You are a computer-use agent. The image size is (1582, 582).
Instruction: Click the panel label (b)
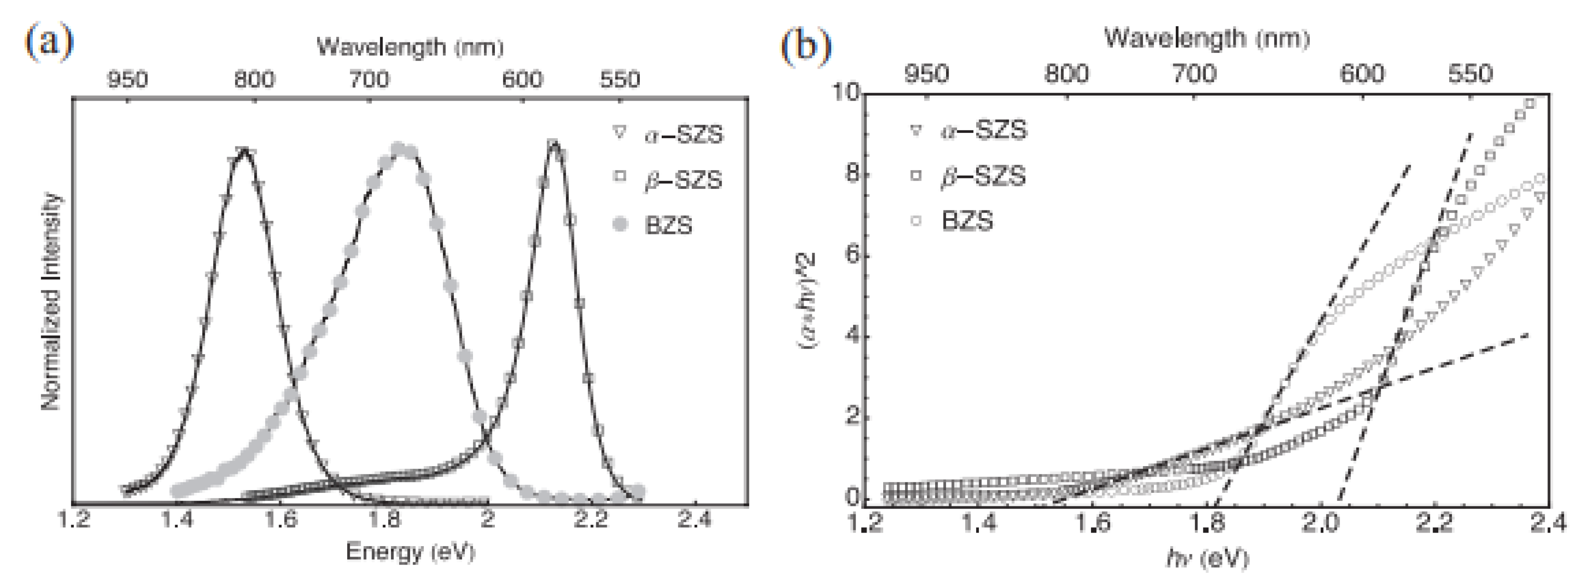[x=806, y=45]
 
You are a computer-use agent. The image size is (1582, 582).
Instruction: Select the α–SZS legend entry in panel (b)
[x=983, y=130]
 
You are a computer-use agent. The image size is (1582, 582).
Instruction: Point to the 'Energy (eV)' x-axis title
[x=410, y=551]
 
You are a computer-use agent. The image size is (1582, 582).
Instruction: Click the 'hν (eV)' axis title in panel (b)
[x=1207, y=558]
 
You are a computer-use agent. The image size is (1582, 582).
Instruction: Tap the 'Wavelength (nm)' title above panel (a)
[x=410, y=47]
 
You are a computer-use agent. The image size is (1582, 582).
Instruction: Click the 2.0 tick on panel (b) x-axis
[x=1320, y=523]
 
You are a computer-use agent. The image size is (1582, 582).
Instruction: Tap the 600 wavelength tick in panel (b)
[x=1362, y=74]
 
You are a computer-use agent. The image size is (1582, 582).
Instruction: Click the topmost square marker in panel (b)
[x=1530, y=103]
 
